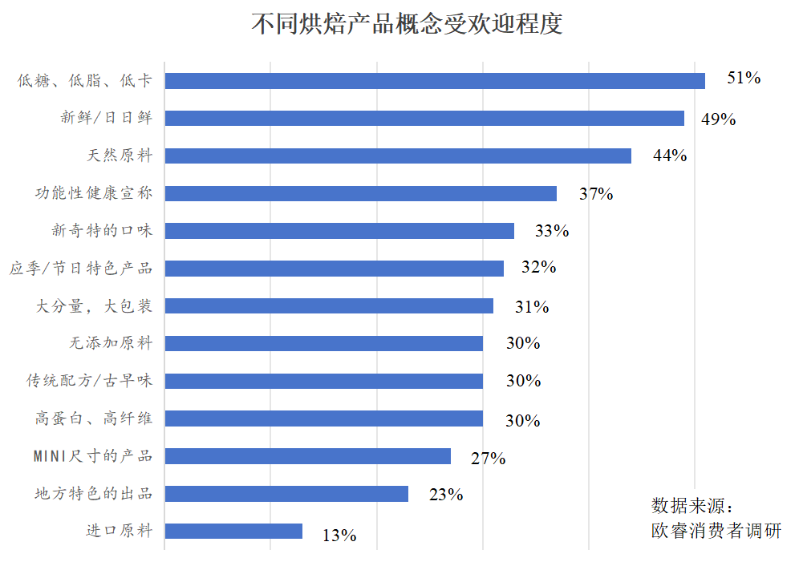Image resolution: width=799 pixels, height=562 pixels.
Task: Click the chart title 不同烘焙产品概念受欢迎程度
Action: pos(407,24)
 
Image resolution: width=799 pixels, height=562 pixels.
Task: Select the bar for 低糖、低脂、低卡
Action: pos(435,81)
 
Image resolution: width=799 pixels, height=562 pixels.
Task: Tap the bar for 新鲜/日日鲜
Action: pos(424,119)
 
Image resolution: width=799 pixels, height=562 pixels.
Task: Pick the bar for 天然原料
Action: pos(398,156)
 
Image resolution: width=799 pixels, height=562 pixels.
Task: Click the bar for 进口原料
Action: pos(233,531)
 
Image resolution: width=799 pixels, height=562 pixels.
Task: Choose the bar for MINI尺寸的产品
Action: pos(307,456)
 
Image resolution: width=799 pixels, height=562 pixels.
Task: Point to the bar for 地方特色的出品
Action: pos(286,494)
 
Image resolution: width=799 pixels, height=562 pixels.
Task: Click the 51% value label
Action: pos(743,78)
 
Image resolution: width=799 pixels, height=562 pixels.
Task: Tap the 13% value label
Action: pos(339,535)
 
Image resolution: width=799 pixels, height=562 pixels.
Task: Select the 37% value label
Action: pos(596,194)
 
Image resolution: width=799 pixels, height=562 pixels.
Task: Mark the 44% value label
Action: pos(670,156)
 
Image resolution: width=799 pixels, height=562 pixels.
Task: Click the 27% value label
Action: pos(488,459)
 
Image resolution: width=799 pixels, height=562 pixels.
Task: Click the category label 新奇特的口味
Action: pos(102,231)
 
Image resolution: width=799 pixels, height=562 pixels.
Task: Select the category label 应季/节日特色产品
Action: pos(81,268)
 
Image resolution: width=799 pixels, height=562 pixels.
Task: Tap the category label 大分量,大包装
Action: pos(94,305)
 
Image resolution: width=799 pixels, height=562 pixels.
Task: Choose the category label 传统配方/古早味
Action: pos(89,381)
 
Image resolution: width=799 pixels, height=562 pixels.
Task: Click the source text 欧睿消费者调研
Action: pos(716,530)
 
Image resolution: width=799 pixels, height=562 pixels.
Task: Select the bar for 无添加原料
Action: pos(323,343)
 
